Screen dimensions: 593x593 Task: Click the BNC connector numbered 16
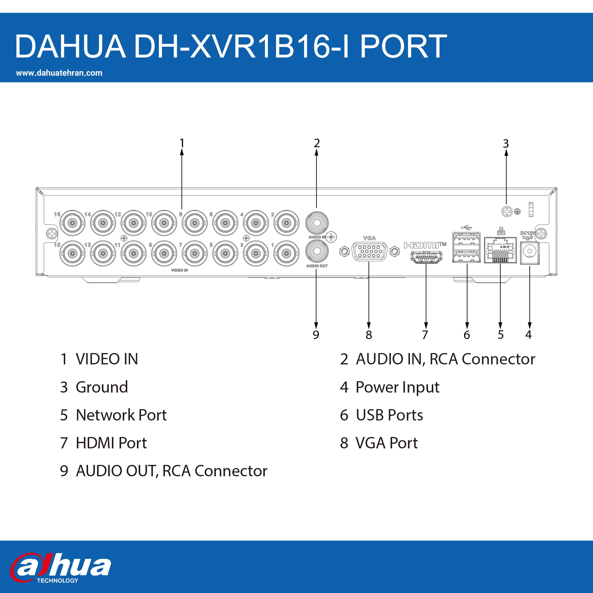72,223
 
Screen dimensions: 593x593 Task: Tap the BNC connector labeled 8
195,223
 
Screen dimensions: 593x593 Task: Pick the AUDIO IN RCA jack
317,223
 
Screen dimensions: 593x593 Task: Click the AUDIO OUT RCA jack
317,251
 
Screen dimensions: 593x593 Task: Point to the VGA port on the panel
370,252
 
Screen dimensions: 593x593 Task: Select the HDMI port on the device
426,258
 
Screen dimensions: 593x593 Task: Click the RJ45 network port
500,250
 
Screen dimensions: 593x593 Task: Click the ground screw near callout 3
507,212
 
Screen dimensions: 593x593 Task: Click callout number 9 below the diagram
316,335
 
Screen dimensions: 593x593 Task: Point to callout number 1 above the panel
182,143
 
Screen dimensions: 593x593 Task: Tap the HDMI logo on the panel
425,245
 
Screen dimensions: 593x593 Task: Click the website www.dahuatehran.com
59,73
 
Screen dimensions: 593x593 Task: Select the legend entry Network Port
121,415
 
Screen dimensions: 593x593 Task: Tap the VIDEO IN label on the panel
180,270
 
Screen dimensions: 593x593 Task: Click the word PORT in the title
403,46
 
